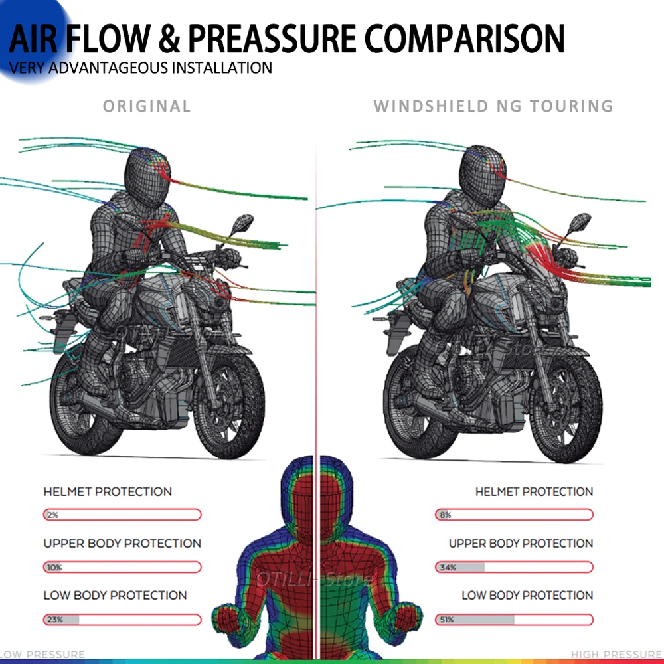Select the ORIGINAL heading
pos(147,106)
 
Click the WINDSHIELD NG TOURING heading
pos(493,106)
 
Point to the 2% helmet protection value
pos(52,515)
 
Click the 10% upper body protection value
pos(54,568)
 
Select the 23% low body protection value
pos(54,620)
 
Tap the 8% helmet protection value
pos(445,515)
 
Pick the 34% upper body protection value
pos(446,568)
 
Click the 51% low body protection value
pos(446,620)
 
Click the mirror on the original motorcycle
pos(244,222)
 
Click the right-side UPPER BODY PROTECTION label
pos(521,544)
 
